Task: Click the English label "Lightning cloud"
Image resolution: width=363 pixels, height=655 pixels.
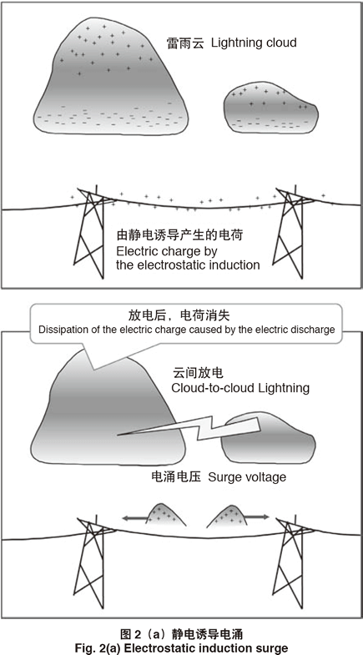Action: click(254, 43)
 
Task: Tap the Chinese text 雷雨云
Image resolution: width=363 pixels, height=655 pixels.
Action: click(185, 43)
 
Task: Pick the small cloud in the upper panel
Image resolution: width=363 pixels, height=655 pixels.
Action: click(270, 108)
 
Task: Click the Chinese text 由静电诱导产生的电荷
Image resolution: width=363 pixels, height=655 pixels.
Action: click(179, 235)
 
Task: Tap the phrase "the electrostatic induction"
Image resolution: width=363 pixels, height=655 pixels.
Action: click(188, 265)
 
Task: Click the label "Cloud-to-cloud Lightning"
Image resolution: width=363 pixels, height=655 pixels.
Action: click(240, 388)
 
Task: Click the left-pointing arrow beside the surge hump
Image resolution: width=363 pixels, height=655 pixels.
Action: click(134, 517)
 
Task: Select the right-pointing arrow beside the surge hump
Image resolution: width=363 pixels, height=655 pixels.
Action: click(256, 517)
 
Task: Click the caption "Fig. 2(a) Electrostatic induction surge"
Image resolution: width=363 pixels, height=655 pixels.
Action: click(181, 647)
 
